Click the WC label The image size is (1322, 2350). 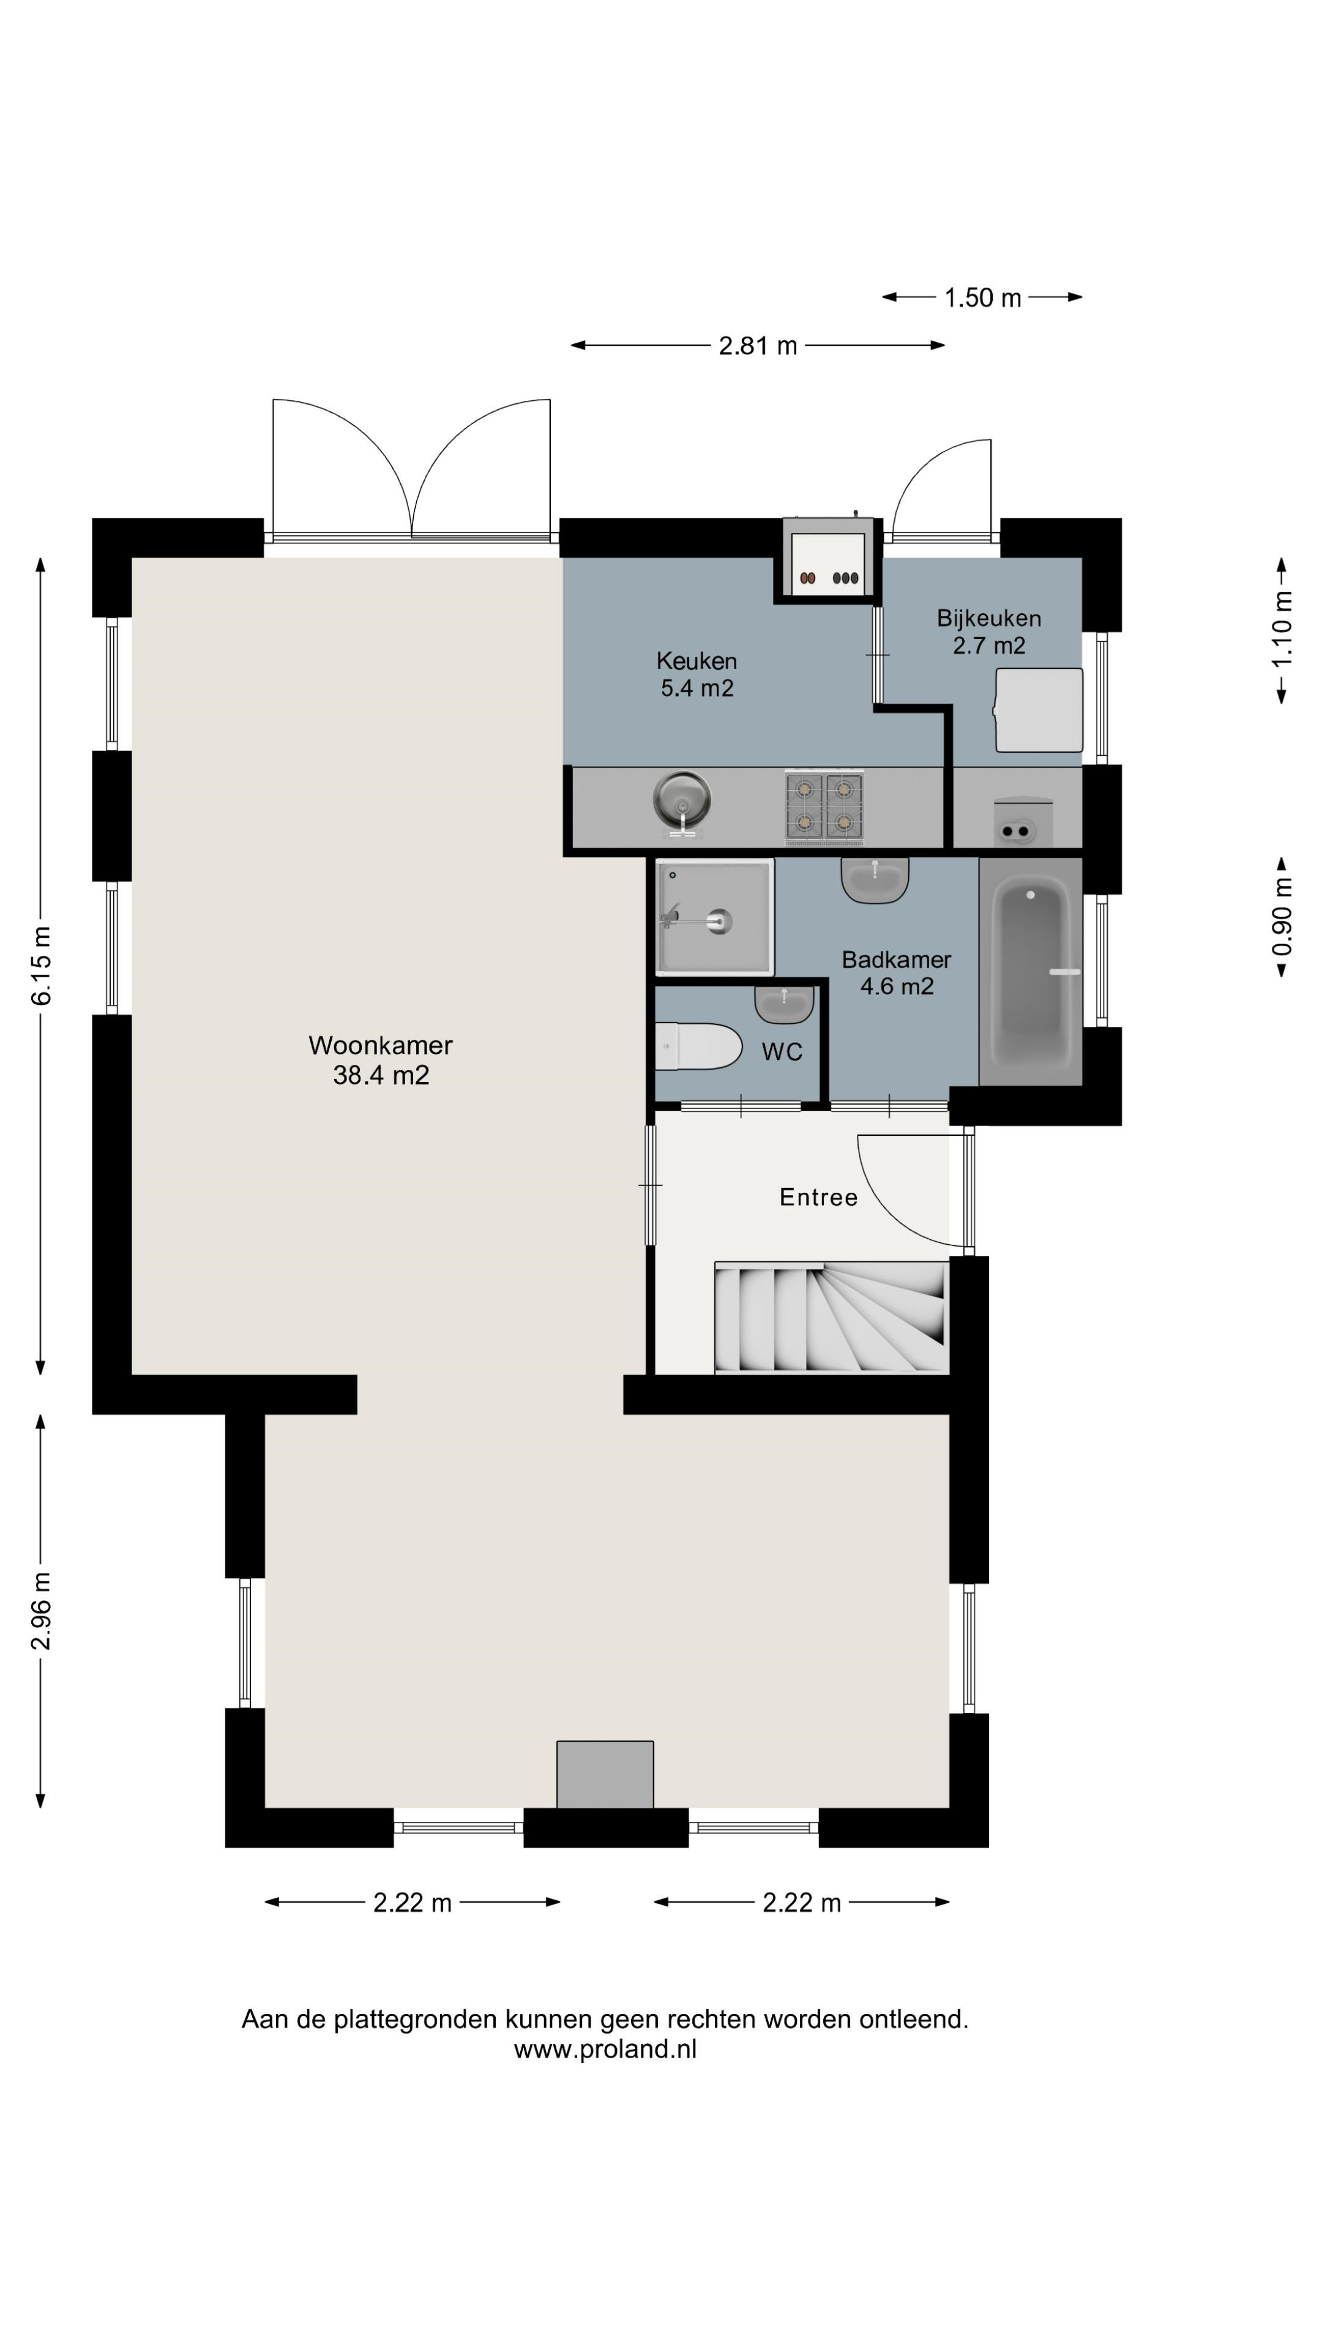point(782,1052)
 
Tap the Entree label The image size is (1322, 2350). point(818,1197)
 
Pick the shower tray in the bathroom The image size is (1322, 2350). point(714,916)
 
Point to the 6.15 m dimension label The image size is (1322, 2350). point(41,965)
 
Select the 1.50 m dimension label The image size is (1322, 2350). point(982,297)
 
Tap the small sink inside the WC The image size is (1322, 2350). point(783,1004)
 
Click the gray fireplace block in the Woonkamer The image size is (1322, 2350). point(605,1774)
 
